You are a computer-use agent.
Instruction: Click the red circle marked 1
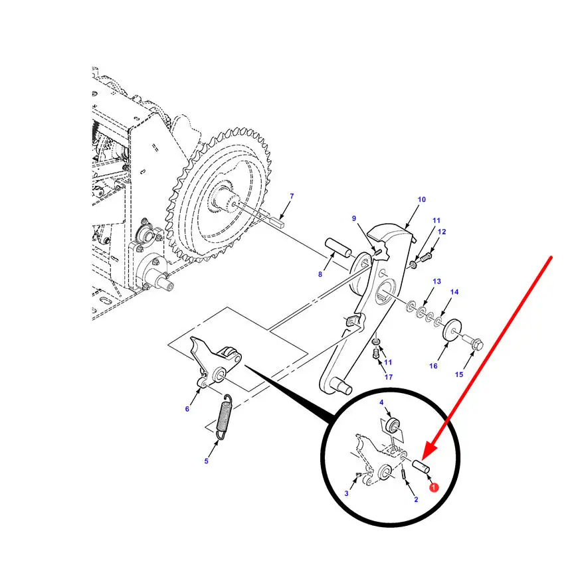(x=434, y=487)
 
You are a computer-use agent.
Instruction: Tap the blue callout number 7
(x=292, y=196)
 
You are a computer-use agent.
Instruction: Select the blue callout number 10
(x=422, y=199)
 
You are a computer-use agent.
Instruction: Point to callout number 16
(x=433, y=366)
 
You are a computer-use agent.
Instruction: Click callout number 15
(x=459, y=374)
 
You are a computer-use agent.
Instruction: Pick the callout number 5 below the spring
(x=206, y=461)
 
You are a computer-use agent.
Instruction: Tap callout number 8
(x=320, y=274)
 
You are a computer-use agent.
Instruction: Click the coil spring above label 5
(x=224, y=417)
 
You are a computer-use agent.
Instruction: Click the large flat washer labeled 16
(x=452, y=329)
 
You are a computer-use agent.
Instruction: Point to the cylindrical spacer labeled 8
(x=339, y=246)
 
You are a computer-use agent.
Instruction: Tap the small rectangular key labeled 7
(x=277, y=222)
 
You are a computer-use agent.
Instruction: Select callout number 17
(x=389, y=377)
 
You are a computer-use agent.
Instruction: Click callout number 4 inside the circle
(x=381, y=402)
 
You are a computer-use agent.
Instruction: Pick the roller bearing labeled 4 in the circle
(x=393, y=426)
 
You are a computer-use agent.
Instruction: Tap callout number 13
(x=436, y=281)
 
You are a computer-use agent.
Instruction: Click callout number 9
(x=353, y=218)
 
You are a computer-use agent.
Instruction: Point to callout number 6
(x=187, y=408)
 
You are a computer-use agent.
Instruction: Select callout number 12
(x=442, y=232)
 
